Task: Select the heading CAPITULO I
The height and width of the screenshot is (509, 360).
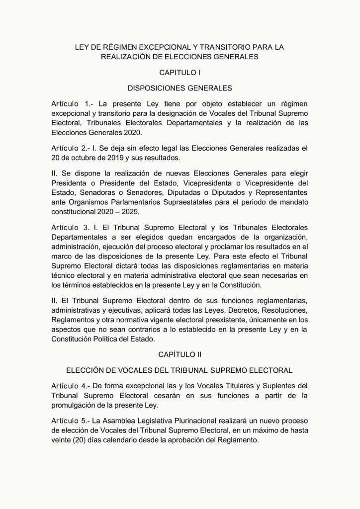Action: point(180,73)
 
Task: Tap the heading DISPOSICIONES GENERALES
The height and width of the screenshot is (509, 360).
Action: point(180,88)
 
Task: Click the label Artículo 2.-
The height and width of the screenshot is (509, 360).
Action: point(71,149)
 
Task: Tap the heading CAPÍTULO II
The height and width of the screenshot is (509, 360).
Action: point(180,354)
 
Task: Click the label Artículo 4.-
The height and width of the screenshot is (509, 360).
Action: point(71,386)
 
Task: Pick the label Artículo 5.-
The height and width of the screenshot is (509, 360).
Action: point(71,421)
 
